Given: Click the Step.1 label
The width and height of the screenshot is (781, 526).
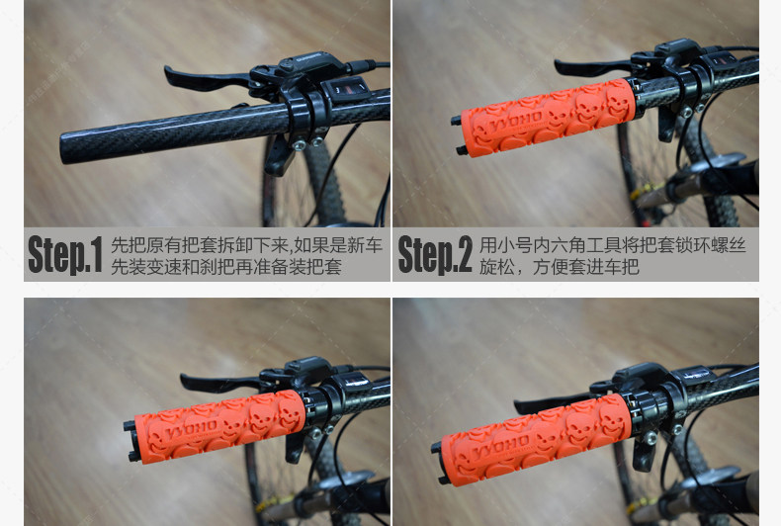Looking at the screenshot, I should [65, 255].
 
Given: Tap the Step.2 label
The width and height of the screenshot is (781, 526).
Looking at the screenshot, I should [435, 255].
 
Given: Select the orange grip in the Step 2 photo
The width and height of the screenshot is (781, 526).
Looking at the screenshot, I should [544, 119].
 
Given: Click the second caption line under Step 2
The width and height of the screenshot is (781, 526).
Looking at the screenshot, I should [559, 268].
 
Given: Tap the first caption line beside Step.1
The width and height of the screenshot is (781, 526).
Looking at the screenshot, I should [246, 244].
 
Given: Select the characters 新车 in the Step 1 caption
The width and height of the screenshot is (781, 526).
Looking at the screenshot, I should [365, 244].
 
